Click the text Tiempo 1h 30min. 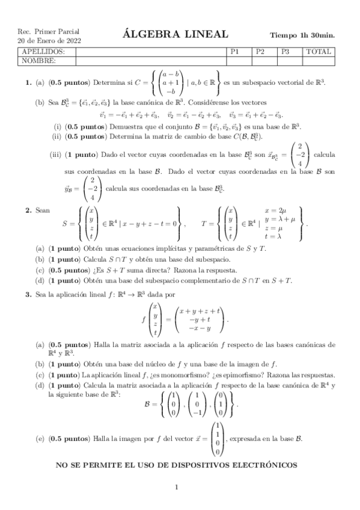point(302,35)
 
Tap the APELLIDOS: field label point(40,52)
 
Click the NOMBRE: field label point(37,61)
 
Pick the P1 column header point(235,52)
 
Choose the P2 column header point(260,52)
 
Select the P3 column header point(285,52)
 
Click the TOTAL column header point(318,52)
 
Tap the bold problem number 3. point(28,295)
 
